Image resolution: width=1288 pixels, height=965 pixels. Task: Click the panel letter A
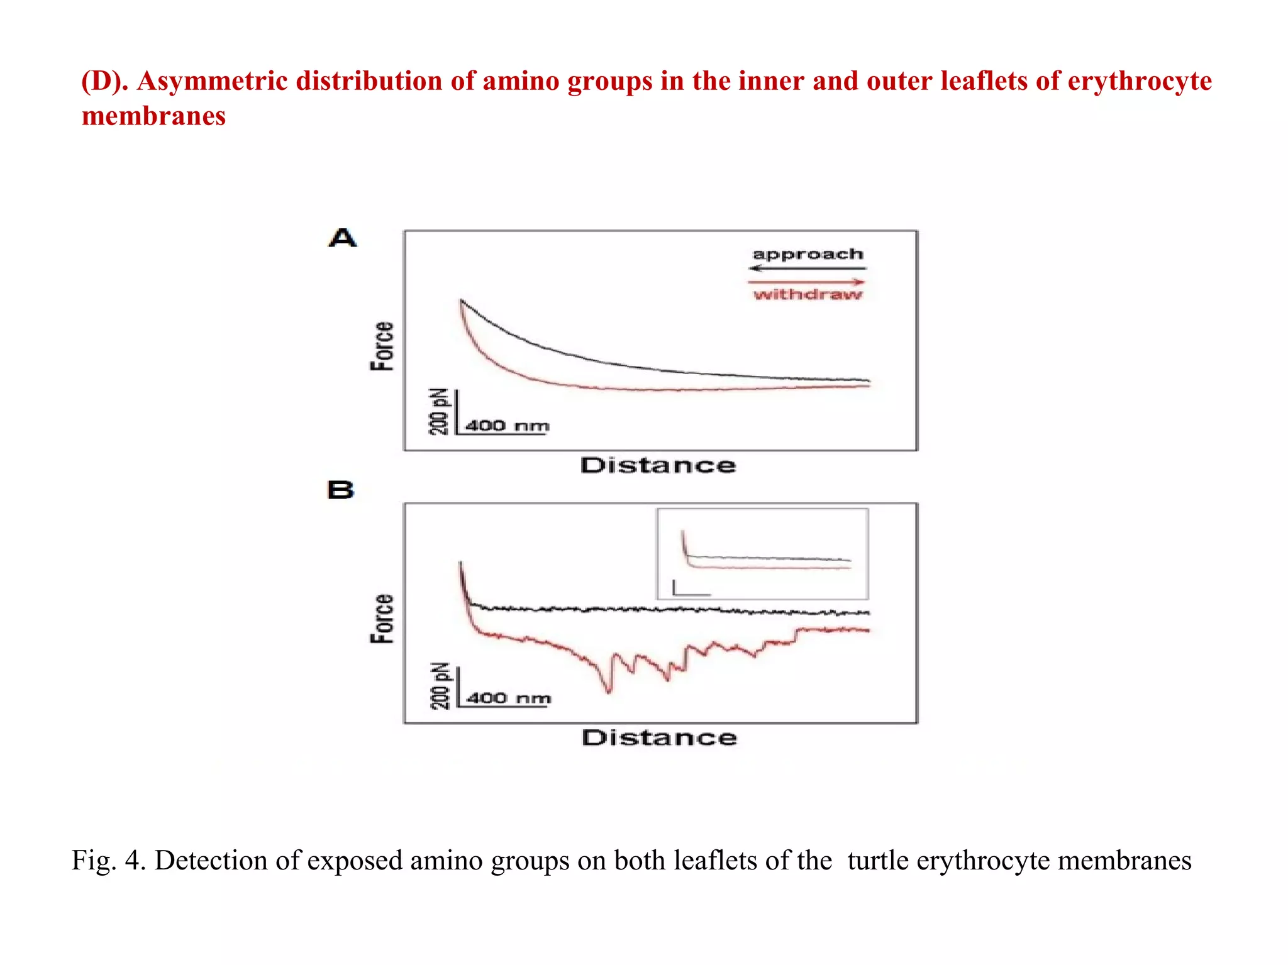(x=343, y=238)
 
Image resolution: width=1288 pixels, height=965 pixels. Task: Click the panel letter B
(x=341, y=490)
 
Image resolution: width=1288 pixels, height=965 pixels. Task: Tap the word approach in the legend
(x=808, y=255)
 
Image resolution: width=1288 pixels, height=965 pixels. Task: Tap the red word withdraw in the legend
(x=808, y=294)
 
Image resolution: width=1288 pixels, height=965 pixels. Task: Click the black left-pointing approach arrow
(x=808, y=268)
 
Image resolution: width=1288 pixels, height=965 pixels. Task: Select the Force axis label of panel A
(x=382, y=346)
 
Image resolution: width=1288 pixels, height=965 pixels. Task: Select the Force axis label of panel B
(x=382, y=619)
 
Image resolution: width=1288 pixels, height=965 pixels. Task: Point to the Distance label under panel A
(x=658, y=466)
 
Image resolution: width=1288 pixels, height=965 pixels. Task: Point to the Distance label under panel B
(x=659, y=738)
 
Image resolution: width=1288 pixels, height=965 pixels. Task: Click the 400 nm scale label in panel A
(x=507, y=426)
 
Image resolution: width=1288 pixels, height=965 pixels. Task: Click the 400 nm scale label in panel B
(x=508, y=698)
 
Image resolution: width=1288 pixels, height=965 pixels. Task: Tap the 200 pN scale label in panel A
(x=439, y=412)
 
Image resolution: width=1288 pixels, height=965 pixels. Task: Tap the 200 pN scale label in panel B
(x=440, y=685)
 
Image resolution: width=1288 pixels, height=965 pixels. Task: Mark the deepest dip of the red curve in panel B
(x=608, y=692)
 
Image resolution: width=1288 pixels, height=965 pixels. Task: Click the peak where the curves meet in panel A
(x=462, y=301)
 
